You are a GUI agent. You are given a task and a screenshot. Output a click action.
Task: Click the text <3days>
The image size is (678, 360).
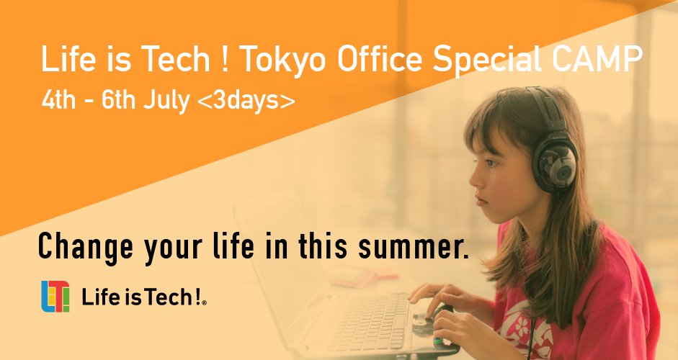coord(246,100)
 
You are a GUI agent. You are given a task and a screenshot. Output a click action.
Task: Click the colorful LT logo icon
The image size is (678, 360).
coord(56,297)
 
